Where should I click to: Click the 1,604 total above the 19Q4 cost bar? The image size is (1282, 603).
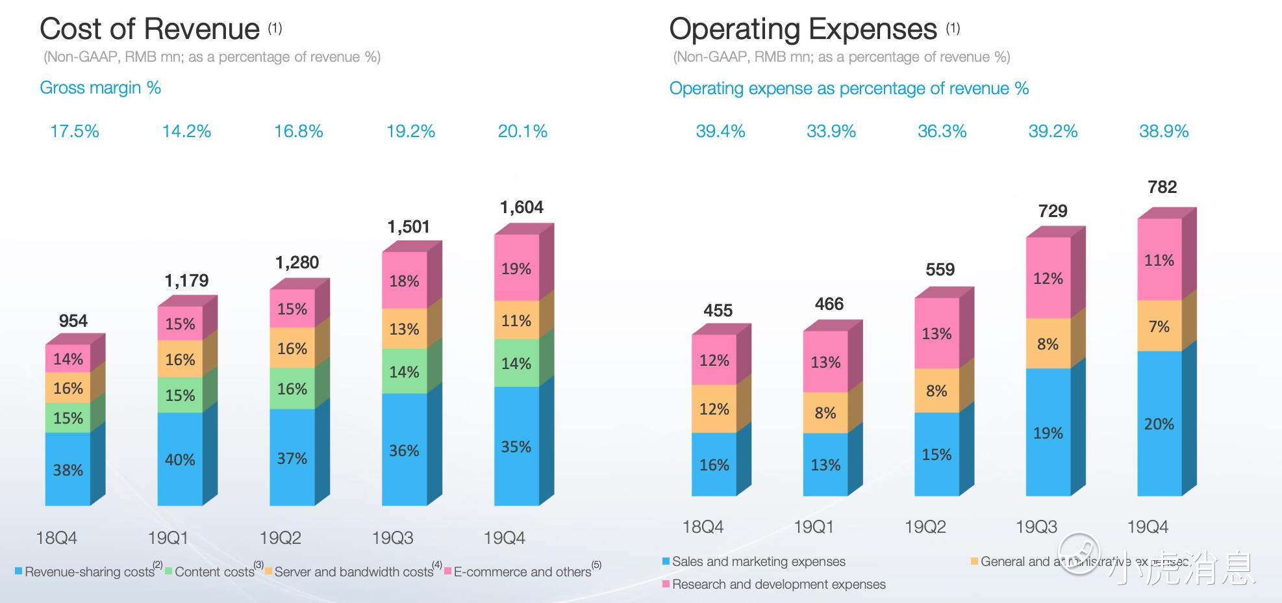click(x=521, y=207)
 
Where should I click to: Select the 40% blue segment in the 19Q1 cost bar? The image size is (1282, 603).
click(x=180, y=459)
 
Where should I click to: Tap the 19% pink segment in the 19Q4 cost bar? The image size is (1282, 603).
click(x=516, y=268)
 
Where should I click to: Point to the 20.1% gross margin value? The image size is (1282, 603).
click(x=522, y=131)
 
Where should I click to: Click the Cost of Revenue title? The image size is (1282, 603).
click(x=149, y=29)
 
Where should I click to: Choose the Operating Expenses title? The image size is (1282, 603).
click(x=803, y=29)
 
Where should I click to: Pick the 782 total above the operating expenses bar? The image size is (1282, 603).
click(x=1162, y=187)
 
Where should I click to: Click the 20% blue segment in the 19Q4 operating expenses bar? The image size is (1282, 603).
click(x=1159, y=424)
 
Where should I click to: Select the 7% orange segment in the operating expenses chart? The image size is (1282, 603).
click(x=1159, y=326)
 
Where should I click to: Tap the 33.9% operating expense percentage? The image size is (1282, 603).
click(x=831, y=131)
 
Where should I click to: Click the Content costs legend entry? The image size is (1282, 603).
click(x=214, y=572)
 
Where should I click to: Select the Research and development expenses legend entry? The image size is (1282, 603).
click(x=778, y=584)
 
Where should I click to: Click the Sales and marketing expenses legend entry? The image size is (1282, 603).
click(x=758, y=561)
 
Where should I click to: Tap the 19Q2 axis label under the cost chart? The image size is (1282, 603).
click(x=280, y=538)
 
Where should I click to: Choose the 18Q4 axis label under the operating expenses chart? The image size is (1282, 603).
click(x=703, y=527)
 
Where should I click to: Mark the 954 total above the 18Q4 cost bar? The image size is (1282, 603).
click(x=73, y=321)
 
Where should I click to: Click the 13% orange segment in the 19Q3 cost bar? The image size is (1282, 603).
click(x=404, y=329)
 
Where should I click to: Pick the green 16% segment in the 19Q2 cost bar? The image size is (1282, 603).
click(x=292, y=389)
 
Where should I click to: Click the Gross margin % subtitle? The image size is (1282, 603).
click(x=100, y=88)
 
